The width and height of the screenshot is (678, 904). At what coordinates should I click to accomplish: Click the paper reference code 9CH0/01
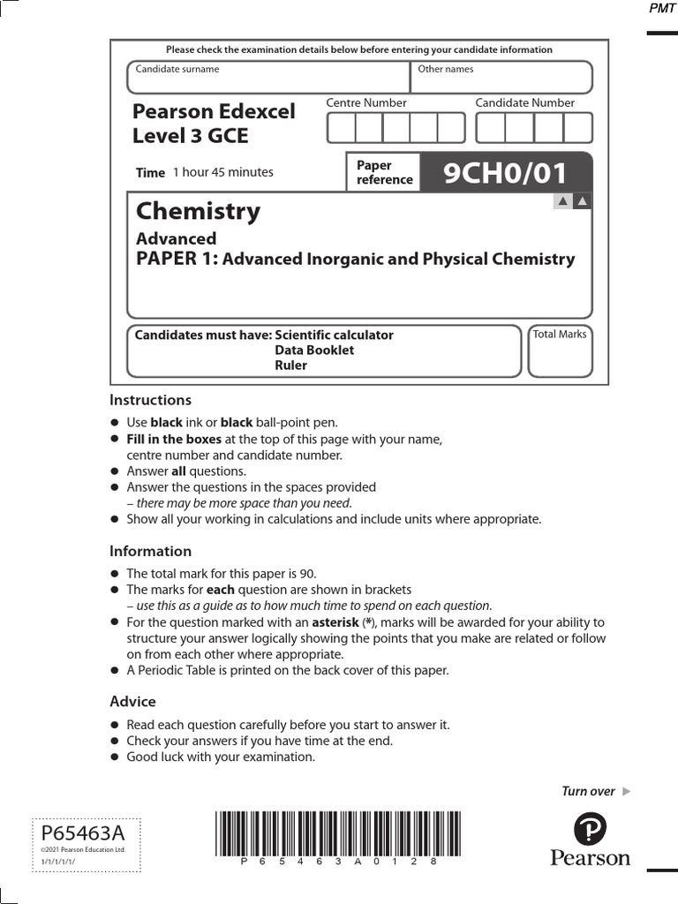(505, 173)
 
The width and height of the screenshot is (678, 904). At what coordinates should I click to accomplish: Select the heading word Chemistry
(198, 211)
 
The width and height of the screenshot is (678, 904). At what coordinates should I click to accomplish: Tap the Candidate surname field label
(177, 69)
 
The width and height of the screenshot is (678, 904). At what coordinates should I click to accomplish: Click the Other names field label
(445, 69)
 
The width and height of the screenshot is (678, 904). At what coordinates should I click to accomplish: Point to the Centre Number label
(366, 102)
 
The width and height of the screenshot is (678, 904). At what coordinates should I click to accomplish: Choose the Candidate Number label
(524, 102)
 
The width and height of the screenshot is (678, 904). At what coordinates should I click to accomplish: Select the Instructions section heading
(150, 400)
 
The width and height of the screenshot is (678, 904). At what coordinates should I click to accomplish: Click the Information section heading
(150, 551)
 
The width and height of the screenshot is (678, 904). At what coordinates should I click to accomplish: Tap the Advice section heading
(132, 701)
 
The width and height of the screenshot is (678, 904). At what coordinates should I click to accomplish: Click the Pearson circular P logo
(590, 830)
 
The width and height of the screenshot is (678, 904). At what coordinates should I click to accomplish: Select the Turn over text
(588, 791)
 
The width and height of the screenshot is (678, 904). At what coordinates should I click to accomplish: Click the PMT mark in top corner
(661, 8)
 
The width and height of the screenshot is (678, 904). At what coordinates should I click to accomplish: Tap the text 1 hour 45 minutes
(222, 172)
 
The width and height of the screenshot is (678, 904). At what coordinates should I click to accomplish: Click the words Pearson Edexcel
(214, 111)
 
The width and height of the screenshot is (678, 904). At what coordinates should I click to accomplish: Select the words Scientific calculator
(334, 335)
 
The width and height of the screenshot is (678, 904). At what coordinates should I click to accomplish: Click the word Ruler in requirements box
(290, 365)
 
